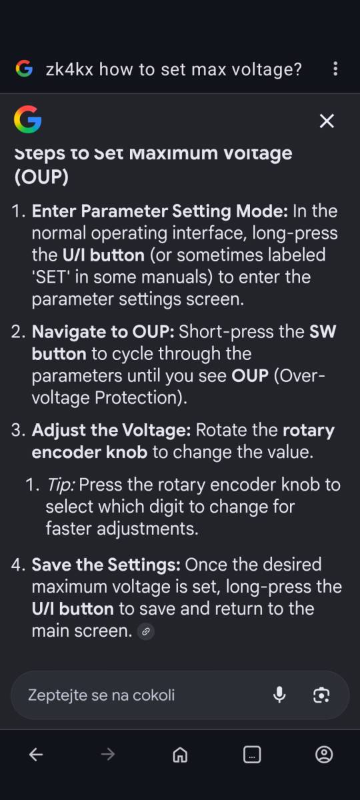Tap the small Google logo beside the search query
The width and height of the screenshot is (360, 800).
coord(24,69)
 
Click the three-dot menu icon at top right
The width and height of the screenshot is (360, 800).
coord(335,69)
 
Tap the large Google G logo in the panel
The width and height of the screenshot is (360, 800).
coord(28,119)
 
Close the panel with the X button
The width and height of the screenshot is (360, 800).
coord(327,121)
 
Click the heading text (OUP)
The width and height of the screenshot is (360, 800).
coord(41,177)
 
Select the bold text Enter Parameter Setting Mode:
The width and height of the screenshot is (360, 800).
coord(160,211)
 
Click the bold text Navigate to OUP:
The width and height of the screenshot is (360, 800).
coord(103,332)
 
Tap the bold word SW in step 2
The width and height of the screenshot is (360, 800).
coord(323,332)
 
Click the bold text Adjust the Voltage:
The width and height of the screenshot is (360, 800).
coord(111,431)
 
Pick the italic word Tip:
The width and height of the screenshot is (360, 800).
coord(61,485)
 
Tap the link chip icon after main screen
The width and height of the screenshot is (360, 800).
coord(146,631)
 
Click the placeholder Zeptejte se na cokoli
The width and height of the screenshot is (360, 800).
coord(101,695)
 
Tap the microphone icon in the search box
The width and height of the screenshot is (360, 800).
coord(279,695)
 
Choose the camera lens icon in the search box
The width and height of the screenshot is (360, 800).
coord(321,695)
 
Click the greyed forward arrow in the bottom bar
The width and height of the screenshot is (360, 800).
coord(108,755)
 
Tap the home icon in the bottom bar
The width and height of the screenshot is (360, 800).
coord(180,755)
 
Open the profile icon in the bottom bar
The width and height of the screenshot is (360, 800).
coord(324,754)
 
